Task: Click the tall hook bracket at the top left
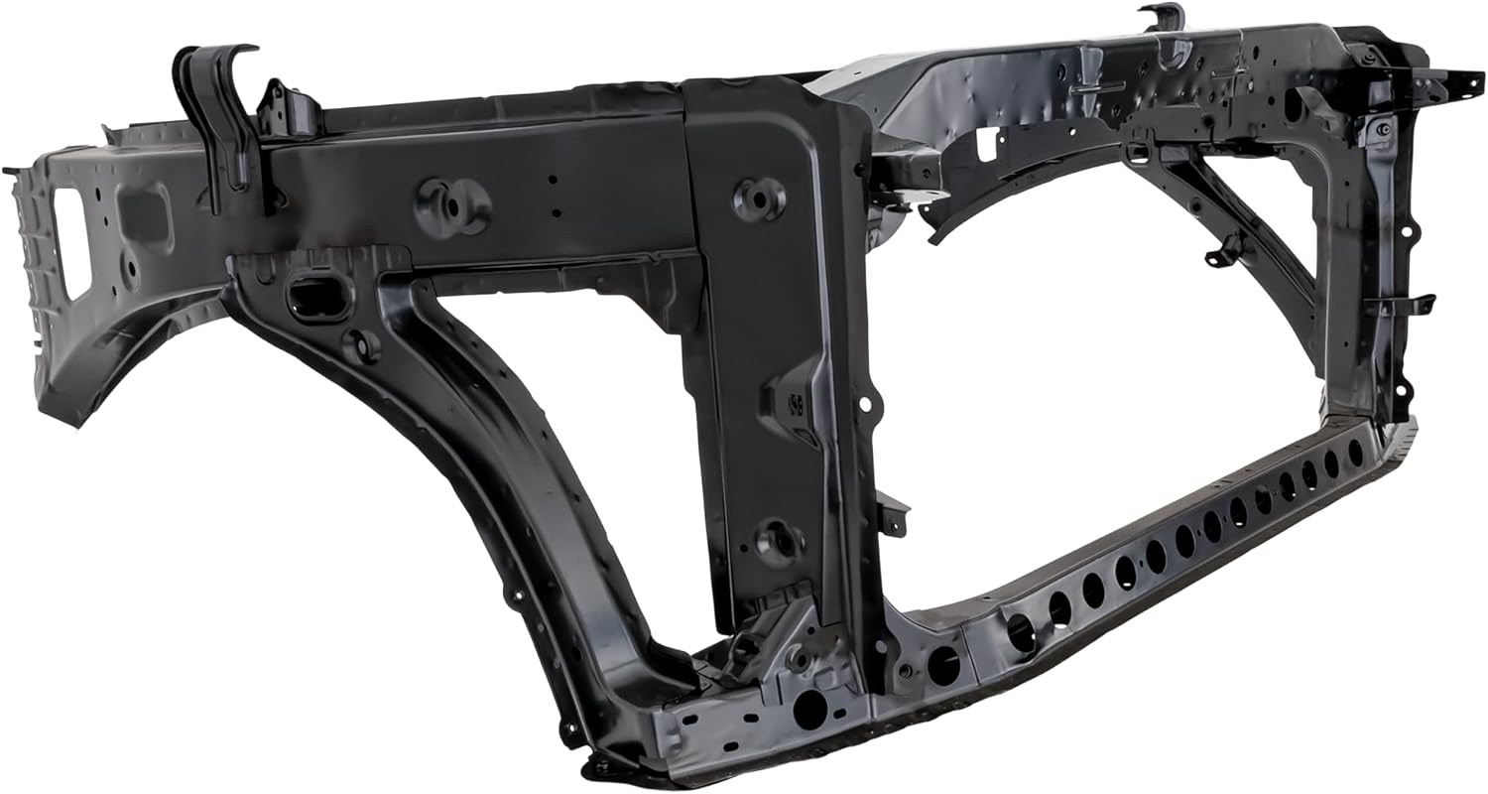pyautogui.click(x=220, y=109)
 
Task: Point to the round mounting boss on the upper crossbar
pyautogui.click(x=453, y=206)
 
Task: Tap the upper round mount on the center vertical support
pyautogui.click(x=760, y=198)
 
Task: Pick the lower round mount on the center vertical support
pyautogui.click(x=780, y=542)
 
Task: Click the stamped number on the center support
pyautogui.click(x=795, y=403)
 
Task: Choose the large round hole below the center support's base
pyautogui.click(x=810, y=707)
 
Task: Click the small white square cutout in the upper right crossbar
pyautogui.click(x=986, y=144)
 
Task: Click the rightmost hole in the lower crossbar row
pyautogui.click(x=1356, y=452)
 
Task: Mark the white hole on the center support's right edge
pyautogui.click(x=865, y=405)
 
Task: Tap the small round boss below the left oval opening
pyautogui.click(x=360, y=344)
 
